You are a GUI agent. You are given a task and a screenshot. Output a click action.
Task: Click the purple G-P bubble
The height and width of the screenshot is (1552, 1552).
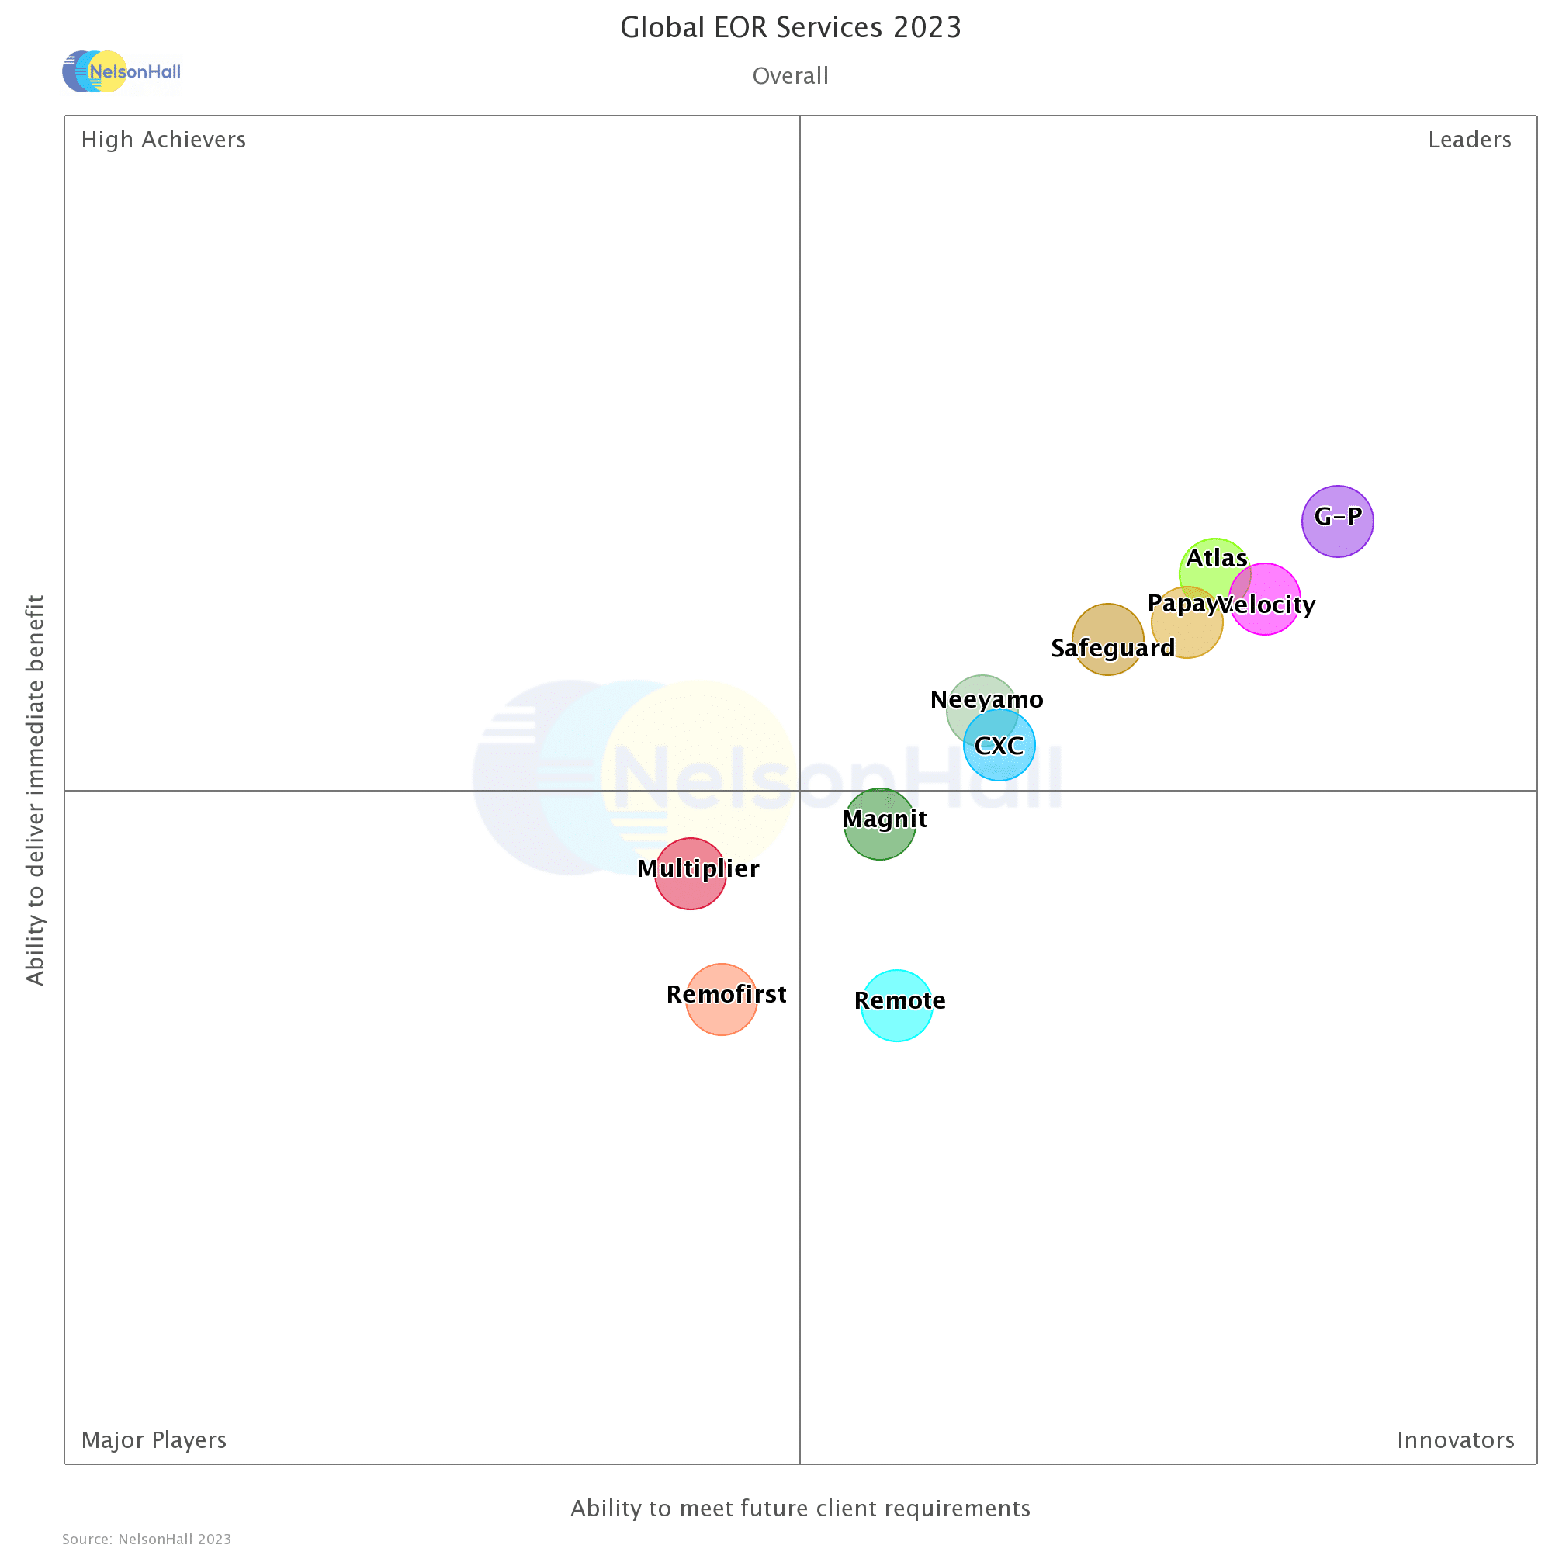1338,521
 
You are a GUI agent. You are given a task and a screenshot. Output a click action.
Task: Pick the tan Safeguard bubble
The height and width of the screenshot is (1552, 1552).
1108,639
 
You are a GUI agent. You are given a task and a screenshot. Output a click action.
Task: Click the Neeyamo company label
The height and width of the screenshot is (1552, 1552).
986,700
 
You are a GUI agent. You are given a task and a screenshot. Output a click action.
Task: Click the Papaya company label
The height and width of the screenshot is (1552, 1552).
1181,603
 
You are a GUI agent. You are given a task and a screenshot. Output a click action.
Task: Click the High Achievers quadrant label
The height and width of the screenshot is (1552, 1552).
163,140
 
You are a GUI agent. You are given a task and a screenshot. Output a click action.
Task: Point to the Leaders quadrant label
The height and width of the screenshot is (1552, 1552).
1469,140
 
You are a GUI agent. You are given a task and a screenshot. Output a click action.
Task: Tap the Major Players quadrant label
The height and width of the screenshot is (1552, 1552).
154,1439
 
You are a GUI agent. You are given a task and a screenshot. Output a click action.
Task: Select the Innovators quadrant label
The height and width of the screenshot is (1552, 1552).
1456,1439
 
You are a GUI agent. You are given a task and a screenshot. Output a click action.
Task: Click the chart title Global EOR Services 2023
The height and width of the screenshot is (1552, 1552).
791,27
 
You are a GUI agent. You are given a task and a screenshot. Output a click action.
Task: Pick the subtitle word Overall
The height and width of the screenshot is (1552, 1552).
791,75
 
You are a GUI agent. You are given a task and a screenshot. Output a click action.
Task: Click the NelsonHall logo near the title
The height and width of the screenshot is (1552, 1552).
121,71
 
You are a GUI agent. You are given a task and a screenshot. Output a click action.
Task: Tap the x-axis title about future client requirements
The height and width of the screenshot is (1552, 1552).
800,1508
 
